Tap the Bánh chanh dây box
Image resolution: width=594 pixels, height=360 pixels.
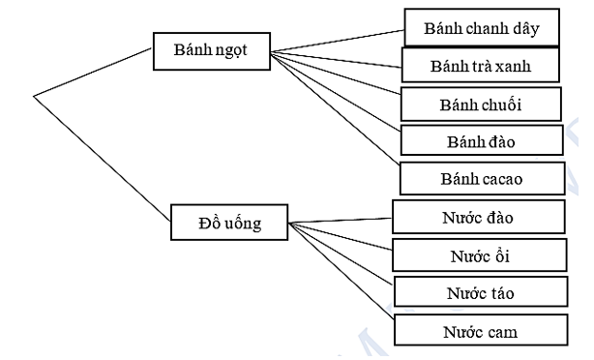(x=481, y=28)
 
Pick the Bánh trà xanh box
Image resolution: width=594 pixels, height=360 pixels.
(x=480, y=67)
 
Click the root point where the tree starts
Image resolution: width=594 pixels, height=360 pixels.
(x=35, y=96)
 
